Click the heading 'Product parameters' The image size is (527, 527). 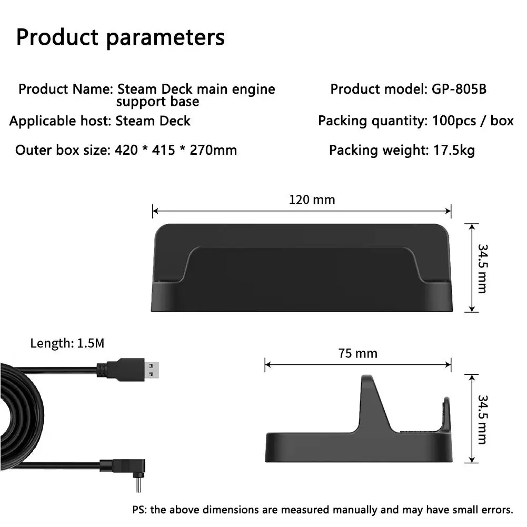click(x=121, y=37)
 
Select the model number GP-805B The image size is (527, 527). click(x=459, y=89)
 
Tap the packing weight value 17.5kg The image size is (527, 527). click(x=454, y=150)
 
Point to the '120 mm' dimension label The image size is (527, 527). click(x=312, y=200)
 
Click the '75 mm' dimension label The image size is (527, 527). click(x=357, y=354)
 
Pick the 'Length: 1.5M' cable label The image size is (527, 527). click(x=67, y=343)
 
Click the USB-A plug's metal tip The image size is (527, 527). click(x=152, y=370)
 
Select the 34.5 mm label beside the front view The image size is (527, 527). click(x=482, y=269)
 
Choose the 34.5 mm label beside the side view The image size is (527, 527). click(x=482, y=420)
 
